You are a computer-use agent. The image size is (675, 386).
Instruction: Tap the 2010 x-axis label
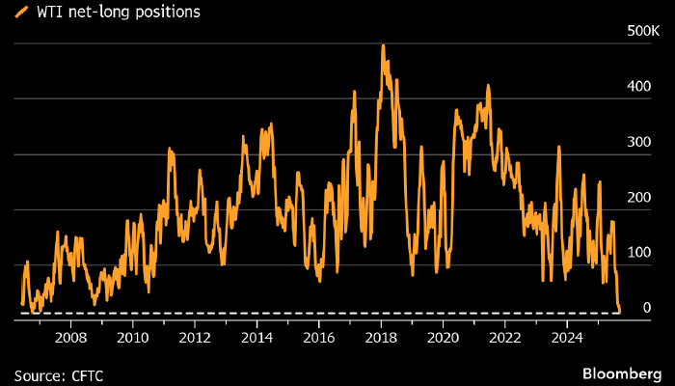click(132, 338)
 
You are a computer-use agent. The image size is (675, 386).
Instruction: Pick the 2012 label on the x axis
click(195, 338)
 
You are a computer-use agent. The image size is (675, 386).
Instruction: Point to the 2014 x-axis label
click(256, 338)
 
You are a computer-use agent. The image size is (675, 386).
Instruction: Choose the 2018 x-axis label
click(381, 338)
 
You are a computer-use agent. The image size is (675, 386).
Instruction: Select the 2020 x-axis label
click(443, 338)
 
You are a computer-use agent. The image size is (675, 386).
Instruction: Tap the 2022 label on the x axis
click(505, 338)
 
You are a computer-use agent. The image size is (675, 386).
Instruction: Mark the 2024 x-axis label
click(567, 338)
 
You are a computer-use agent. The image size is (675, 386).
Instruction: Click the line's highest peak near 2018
click(383, 44)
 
